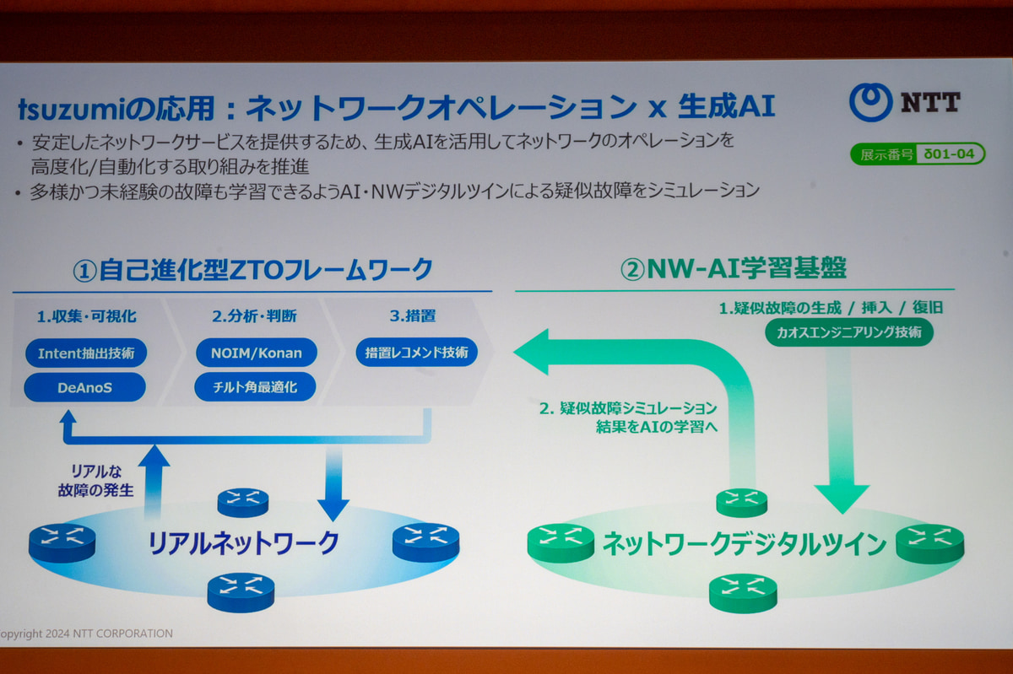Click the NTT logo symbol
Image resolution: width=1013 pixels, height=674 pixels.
pyautogui.click(x=870, y=101)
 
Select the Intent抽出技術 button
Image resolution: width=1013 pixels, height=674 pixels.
pyautogui.click(x=85, y=353)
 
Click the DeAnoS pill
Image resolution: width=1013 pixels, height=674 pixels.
pyautogui.click(x=85, y=387)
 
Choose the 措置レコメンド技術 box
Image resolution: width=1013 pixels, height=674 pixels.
pyautogui.click(x=416, y=353)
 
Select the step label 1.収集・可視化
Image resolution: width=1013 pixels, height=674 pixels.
pyautogui.click(x=87, y=317)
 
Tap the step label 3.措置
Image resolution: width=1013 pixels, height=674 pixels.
pyautogui.click(x=412, y=317)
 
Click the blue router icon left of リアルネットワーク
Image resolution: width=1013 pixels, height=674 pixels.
pyautogui.click(x=62, y=542)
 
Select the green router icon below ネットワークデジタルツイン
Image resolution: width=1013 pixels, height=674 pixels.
pyautogui.click(x=743, y=592)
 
